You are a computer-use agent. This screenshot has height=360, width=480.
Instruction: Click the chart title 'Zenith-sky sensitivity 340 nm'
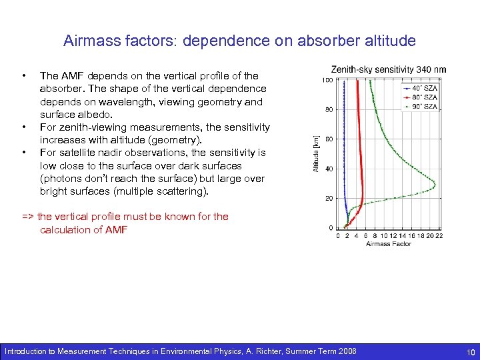(x=389, y=69)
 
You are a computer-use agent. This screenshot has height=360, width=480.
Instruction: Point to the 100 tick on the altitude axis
(x=328, y=81)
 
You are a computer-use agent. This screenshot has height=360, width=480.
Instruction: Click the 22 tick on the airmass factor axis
(x=439, y=235)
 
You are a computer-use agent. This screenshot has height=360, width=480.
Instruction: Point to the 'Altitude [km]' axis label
(x=317, y=153)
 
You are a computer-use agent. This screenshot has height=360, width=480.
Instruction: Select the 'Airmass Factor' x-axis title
(x=389, y=244)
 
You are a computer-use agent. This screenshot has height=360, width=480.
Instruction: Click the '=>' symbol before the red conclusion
(x=29, y=217)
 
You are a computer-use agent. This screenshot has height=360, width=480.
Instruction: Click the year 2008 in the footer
(x=346, y=351)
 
